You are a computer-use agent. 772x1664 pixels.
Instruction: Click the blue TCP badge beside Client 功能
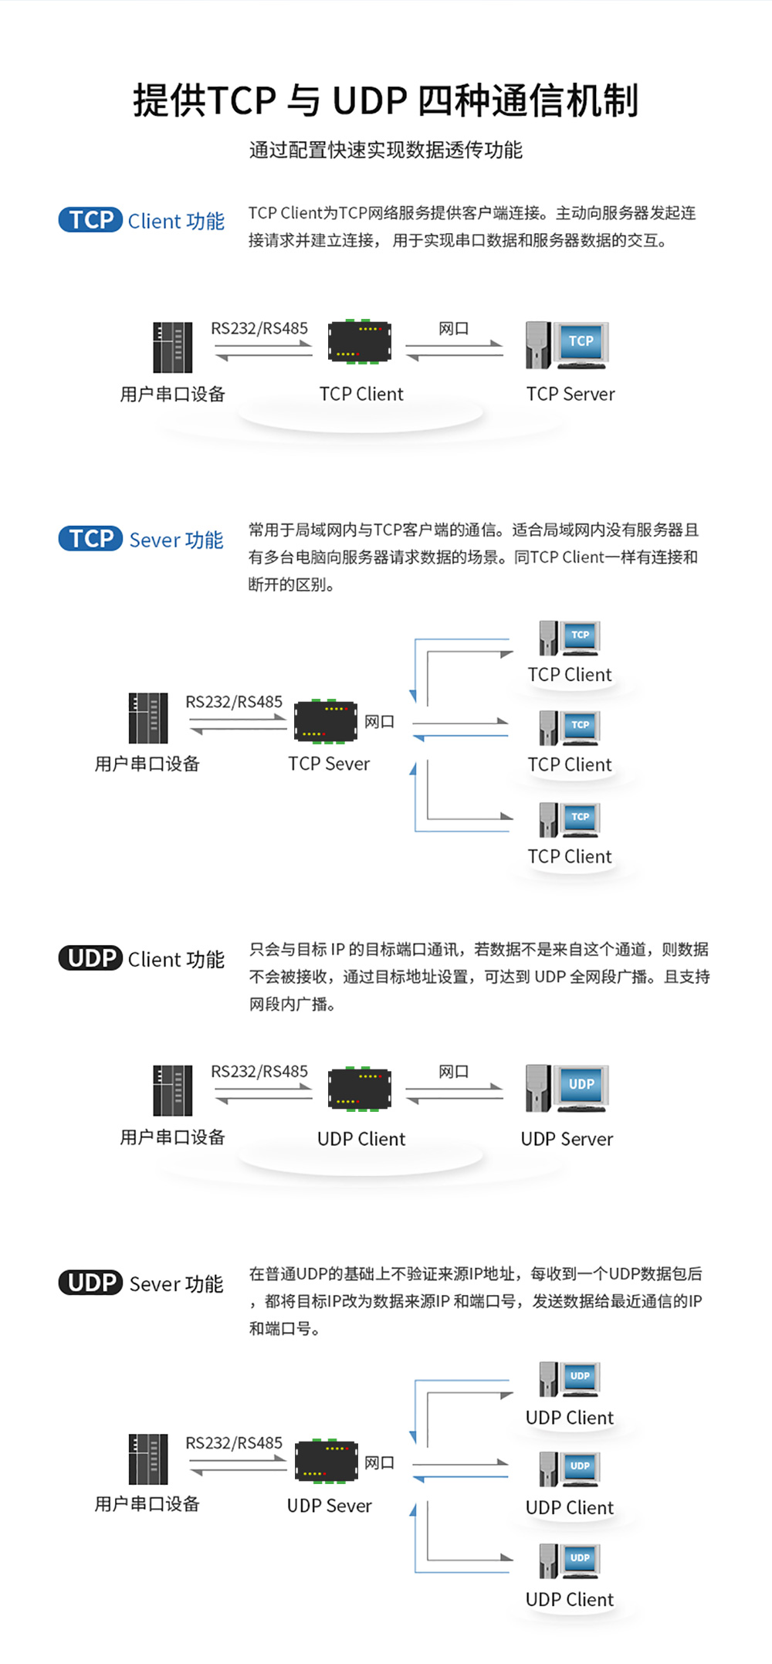tap(90, 220)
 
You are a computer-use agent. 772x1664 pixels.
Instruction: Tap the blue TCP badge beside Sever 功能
tap(90, 538)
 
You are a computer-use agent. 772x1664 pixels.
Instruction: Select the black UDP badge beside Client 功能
tap(90, 958)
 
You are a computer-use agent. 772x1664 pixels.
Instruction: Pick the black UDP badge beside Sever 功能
tap(90, 1283)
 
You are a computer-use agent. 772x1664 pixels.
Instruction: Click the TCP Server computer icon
tap(567, 345)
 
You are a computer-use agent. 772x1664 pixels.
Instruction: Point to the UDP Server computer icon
tap(567, 1088)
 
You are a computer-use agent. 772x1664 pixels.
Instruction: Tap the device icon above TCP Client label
tap(360, 341)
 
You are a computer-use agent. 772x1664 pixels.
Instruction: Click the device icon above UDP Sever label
tap(327, 1461)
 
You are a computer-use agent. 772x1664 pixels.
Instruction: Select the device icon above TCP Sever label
tap(326, 720)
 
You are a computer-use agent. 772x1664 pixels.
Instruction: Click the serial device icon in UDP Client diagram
tap(172, 1090)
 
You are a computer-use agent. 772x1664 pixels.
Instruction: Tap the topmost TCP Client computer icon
tap(570, 638)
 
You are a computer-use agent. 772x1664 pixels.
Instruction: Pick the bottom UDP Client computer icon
tap(570, 1561)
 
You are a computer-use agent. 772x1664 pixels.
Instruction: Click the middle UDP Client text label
tap(570, 1507)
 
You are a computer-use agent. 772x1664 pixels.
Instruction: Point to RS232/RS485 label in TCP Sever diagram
tap(234, 702)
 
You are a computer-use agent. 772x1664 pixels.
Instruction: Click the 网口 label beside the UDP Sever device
tap(379, 1462)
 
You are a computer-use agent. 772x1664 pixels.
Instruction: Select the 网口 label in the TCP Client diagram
tap(453, 328)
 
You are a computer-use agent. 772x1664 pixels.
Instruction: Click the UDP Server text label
tap(567, 1139)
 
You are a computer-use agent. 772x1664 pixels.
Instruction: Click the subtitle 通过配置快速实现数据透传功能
tap(385, 150)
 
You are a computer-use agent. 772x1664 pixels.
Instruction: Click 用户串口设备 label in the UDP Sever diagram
tap(147, 1503)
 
